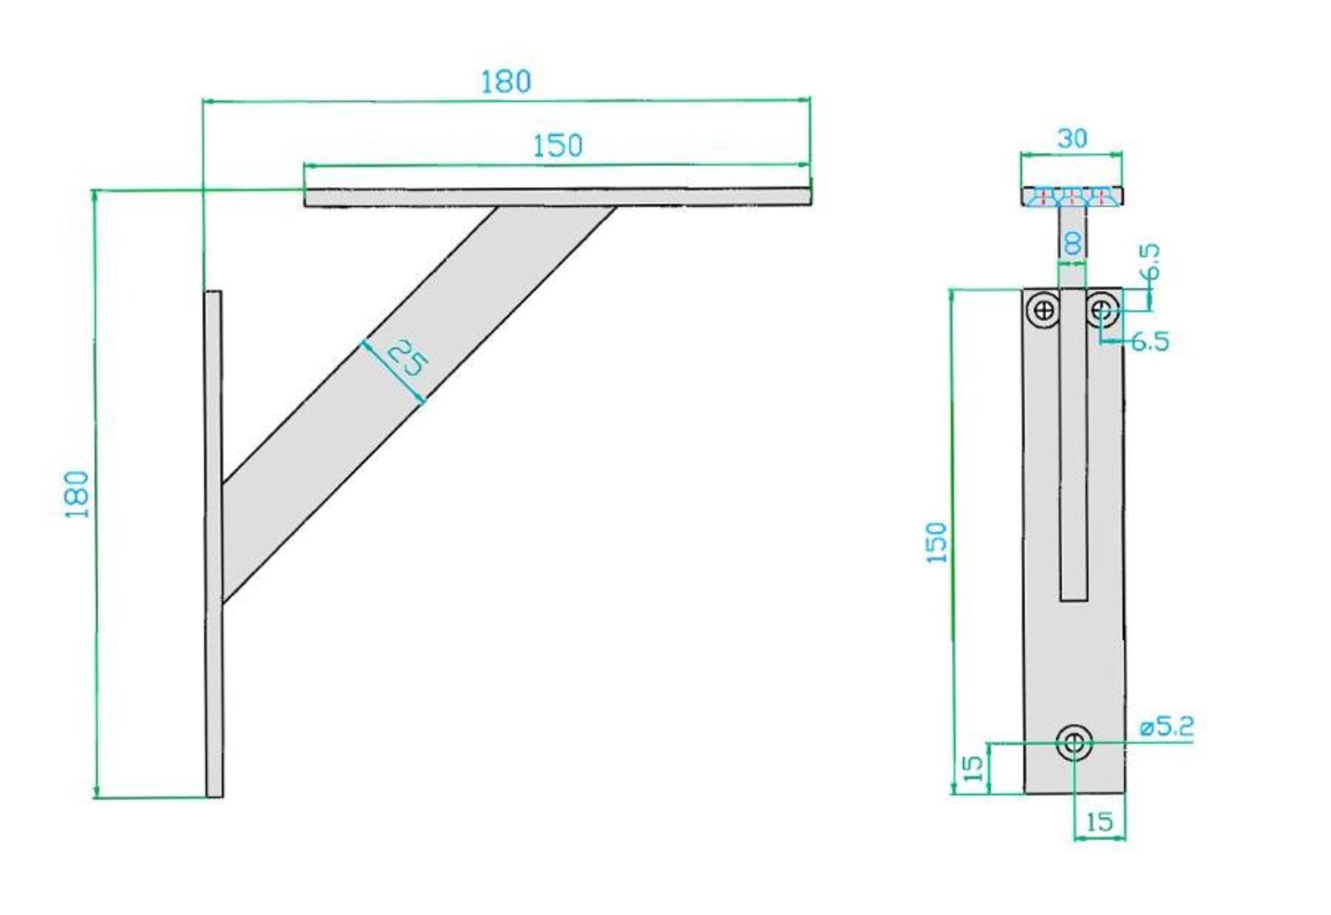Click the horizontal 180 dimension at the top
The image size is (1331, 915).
pyautogui.click(x=505, y=81)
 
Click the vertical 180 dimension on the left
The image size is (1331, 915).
pyautogui.click(x=77, y=494)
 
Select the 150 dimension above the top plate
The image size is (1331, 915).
pyautogui.click(x=557, y=146)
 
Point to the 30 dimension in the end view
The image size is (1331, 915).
pyautogui.click(x=1072, y=138)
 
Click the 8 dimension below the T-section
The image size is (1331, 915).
pyautogui.click(x=1072, y=244)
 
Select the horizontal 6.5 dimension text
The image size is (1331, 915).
pyautogui.click(x=1149, y=341)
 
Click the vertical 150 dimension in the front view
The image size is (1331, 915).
pyautogui.click(x=938, y=542)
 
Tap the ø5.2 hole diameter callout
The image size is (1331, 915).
pyautogui.click(x=1167, y=726)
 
